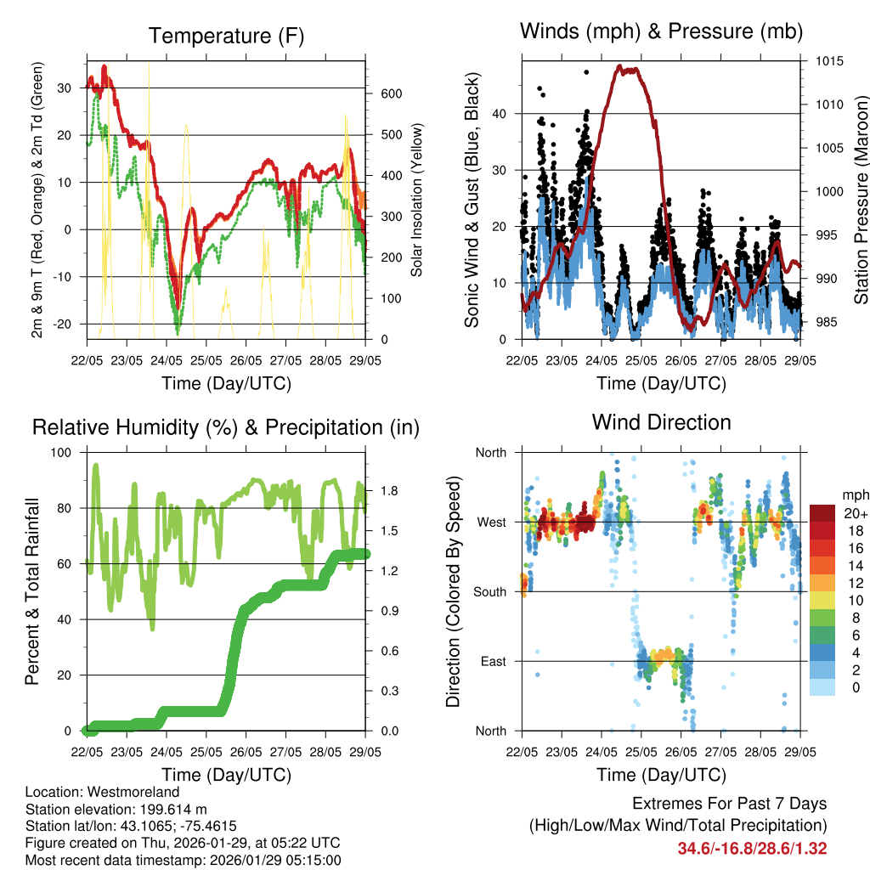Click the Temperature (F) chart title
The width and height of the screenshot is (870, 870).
226,36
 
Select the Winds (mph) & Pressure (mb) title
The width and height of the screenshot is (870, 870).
661,31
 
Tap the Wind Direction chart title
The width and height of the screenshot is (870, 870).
661,422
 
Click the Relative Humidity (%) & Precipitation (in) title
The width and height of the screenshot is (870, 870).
226,427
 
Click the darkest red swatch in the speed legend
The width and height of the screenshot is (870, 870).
822,513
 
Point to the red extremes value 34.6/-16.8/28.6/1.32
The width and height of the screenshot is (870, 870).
752,848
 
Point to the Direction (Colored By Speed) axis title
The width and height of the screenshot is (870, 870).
454,591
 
